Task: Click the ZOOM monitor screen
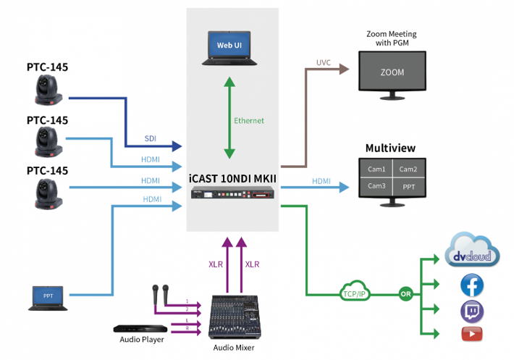[392, 73]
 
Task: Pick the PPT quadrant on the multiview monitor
[408, 185]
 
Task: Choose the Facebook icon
[472, 286]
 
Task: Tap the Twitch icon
[472, 311]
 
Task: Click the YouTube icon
[472, 334]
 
